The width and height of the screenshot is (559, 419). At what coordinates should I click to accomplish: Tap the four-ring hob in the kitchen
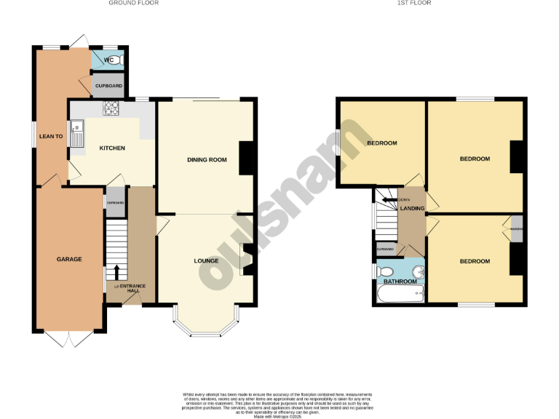pyautogui.click(x=113, y=109)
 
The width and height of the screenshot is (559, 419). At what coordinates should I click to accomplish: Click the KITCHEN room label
pyautogui.click(x=112, y=148)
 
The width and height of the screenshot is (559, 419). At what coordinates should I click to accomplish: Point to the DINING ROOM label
pyautogui.click(x=204, y=160)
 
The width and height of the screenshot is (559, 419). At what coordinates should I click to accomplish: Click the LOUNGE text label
pyautogui.click(x=206, y=260)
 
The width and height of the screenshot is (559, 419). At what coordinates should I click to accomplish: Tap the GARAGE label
pyautogui.click(x=69, y=260)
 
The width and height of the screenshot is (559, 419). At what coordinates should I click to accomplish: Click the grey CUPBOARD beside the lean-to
pyautogui.click(x=108, y=87)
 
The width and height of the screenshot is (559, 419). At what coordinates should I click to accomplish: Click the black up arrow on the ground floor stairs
pyautogui.click(x=116, y=273)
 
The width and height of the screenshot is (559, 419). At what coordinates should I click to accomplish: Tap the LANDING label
pyautogui.click(x=412, y=209)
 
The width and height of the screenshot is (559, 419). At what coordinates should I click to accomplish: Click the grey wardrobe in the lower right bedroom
pyautogui.click(x=517, y=229)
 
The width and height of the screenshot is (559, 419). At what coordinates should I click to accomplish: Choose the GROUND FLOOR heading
pyautogui.click(x=133, y=3)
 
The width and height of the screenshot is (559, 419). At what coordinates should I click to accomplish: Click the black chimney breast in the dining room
pyautogui.click(x=246, y=157)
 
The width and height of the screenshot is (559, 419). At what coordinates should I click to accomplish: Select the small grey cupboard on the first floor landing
pyautogui.click(x=385, y=250)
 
